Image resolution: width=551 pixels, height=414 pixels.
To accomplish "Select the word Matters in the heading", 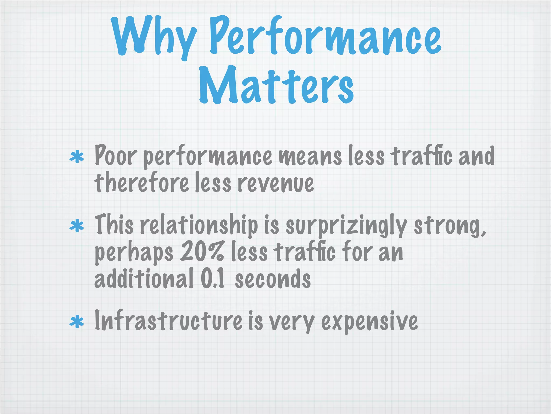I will click(x=276, y=85).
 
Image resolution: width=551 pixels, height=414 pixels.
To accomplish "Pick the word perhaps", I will click(x=134, y=253).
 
